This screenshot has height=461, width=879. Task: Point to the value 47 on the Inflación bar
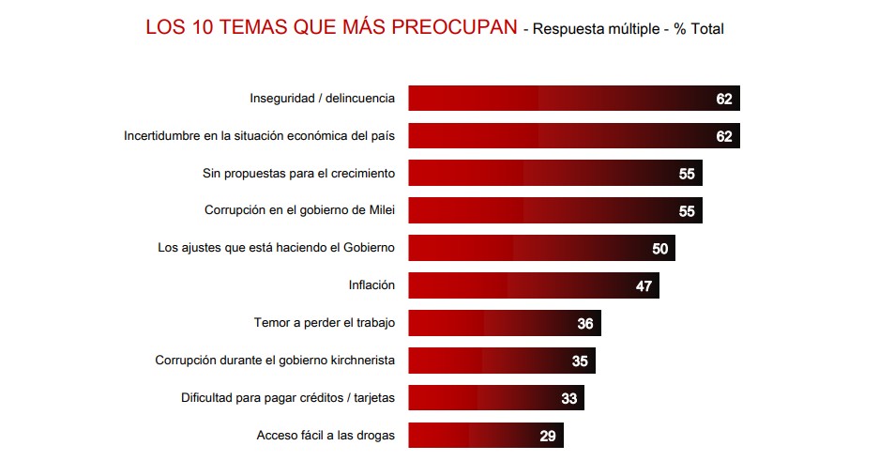644,286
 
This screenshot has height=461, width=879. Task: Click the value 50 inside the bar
660,249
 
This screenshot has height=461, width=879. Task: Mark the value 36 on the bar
585,324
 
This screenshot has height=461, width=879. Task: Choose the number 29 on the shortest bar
548,437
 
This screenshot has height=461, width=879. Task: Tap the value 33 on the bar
568,399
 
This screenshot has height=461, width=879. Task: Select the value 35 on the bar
580,361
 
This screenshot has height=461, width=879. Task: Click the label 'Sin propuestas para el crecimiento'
298,173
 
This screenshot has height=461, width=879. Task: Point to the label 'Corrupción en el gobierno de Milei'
299,210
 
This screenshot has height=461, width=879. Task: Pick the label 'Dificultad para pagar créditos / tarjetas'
287,398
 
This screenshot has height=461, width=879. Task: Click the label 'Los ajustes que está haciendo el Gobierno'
276,248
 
